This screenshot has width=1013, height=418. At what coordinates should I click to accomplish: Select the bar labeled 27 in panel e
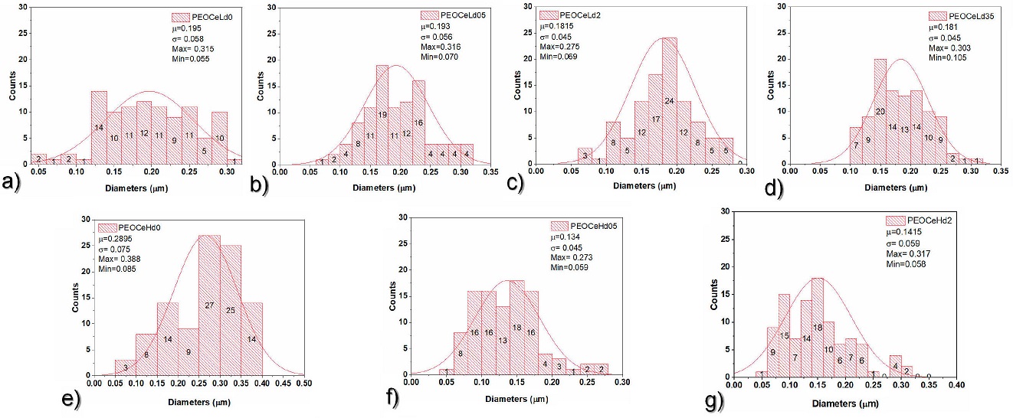(x=209, y=306)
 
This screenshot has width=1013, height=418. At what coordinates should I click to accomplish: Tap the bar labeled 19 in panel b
(x=383, y=115)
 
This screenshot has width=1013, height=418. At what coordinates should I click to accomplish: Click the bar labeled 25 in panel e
(x=231, y=310)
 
